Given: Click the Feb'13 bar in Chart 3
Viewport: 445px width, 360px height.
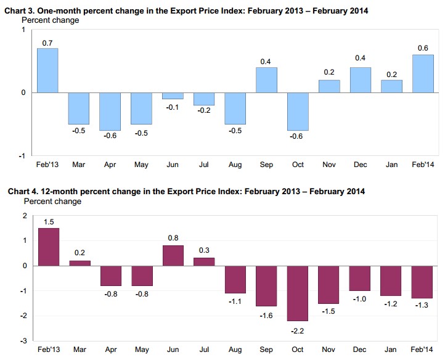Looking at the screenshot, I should [x=47, y=70].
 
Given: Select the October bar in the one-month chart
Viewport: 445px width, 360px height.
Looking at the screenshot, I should [x=298, y=111].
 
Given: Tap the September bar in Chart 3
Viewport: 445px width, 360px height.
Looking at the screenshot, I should [x=266, y=80].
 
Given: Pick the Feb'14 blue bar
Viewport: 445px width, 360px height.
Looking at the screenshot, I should [x=423, y=74].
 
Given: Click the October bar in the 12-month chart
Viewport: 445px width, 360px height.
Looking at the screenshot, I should [x=298, y=293].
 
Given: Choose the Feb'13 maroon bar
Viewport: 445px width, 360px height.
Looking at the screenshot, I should [x=48, y=247].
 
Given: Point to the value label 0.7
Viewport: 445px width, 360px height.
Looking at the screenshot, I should [x=47, y=42].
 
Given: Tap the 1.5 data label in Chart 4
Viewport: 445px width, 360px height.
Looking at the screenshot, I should [x=48, y=221].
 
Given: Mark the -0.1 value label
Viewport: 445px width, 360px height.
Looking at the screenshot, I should [x=173, y=108].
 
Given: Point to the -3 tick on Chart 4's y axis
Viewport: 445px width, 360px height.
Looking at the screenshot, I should [x=25, y=341].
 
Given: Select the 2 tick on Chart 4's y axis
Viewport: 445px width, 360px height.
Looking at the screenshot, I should [x=25, y=216].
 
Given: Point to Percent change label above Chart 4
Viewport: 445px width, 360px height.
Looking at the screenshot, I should [x=52, y=202].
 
